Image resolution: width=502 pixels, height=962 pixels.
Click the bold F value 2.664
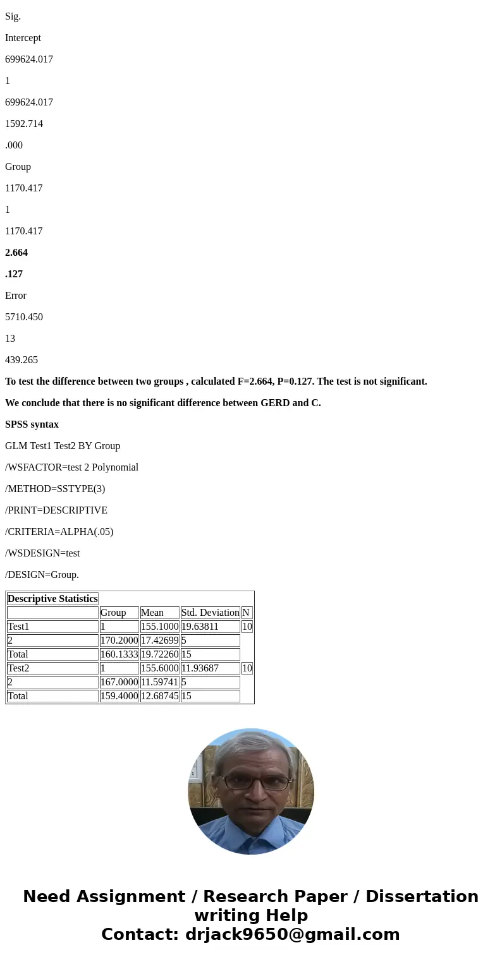pyautogui.click(x=16, y=253)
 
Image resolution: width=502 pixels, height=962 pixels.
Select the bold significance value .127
pyautogui.click(x=14, y=274)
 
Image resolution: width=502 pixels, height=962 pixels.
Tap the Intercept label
pyautogui.click(x=23, y=38)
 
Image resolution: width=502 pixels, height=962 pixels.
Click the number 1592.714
pyautogui.click(x=24, y=124)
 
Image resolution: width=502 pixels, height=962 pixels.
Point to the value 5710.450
pyautogui.click(x=24, y=317)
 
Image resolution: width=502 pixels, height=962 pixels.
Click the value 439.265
pyautogui.click(x=21, y=360)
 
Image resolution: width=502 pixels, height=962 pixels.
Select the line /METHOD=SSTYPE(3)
pyautogui.click(x=55, y=489)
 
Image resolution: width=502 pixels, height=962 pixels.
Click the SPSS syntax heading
pyautogui.click(x=32, y=424)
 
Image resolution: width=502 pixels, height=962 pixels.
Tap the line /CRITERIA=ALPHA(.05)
pyautogui.click(x=59, y=532)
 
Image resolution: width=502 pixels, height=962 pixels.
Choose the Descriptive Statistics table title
pyautogui.click(x=52, y=599)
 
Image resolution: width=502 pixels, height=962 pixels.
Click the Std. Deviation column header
pyautogui.click(x=210, y=613)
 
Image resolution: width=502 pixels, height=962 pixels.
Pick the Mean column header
pyautogui.click(x=152, y=613)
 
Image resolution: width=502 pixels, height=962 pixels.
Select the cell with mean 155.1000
pyautogui.click(x=159, y=627)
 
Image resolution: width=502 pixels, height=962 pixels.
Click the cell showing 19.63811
pyautogui.click(x=200, y=627)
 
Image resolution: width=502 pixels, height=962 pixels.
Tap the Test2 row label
pyautogui.click(x=18, y=668)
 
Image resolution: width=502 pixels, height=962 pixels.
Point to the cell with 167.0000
pyautogui.click(x=119, y=682)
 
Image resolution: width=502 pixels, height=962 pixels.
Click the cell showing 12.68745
pyautogui.click(x=159, y=696)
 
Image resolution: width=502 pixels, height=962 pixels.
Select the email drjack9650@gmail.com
pyautogui.click(x=292, y=935)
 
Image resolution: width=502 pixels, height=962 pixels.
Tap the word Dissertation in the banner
pyautogui.click(x=422, y=897)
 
